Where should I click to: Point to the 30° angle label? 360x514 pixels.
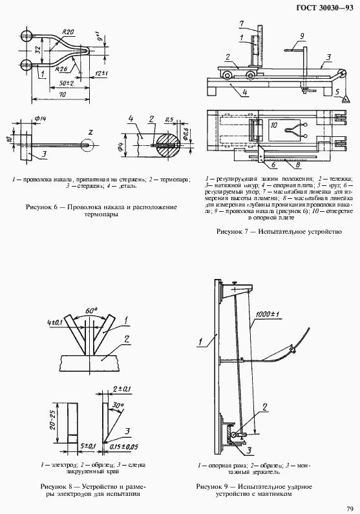118,406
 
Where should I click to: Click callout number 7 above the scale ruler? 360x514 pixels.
241,24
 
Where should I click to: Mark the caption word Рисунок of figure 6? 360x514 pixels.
38,207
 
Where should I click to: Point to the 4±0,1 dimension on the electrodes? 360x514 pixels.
56,321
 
